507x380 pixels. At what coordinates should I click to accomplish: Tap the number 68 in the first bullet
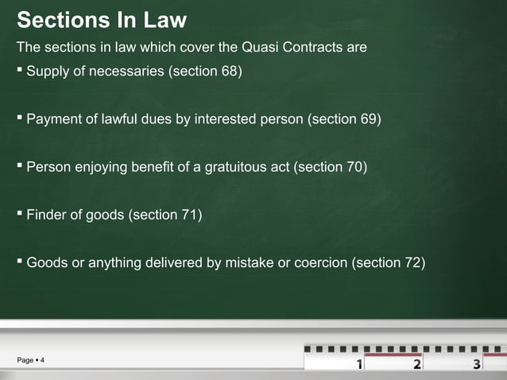click(x=226, y=72)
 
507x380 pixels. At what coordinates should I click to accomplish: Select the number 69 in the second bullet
click(x=367, y=120)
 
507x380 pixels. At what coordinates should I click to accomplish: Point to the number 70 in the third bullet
click(x=353, y=168)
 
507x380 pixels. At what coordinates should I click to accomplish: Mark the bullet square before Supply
click(x=20, y=72)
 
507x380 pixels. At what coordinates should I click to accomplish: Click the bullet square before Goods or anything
click(x=20, y=261)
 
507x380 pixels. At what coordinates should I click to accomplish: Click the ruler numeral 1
click(x=360, y=365)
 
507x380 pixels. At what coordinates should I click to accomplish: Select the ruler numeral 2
click(x=417, y=365)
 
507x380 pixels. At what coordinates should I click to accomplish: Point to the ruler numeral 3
click(x=476, y=365)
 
